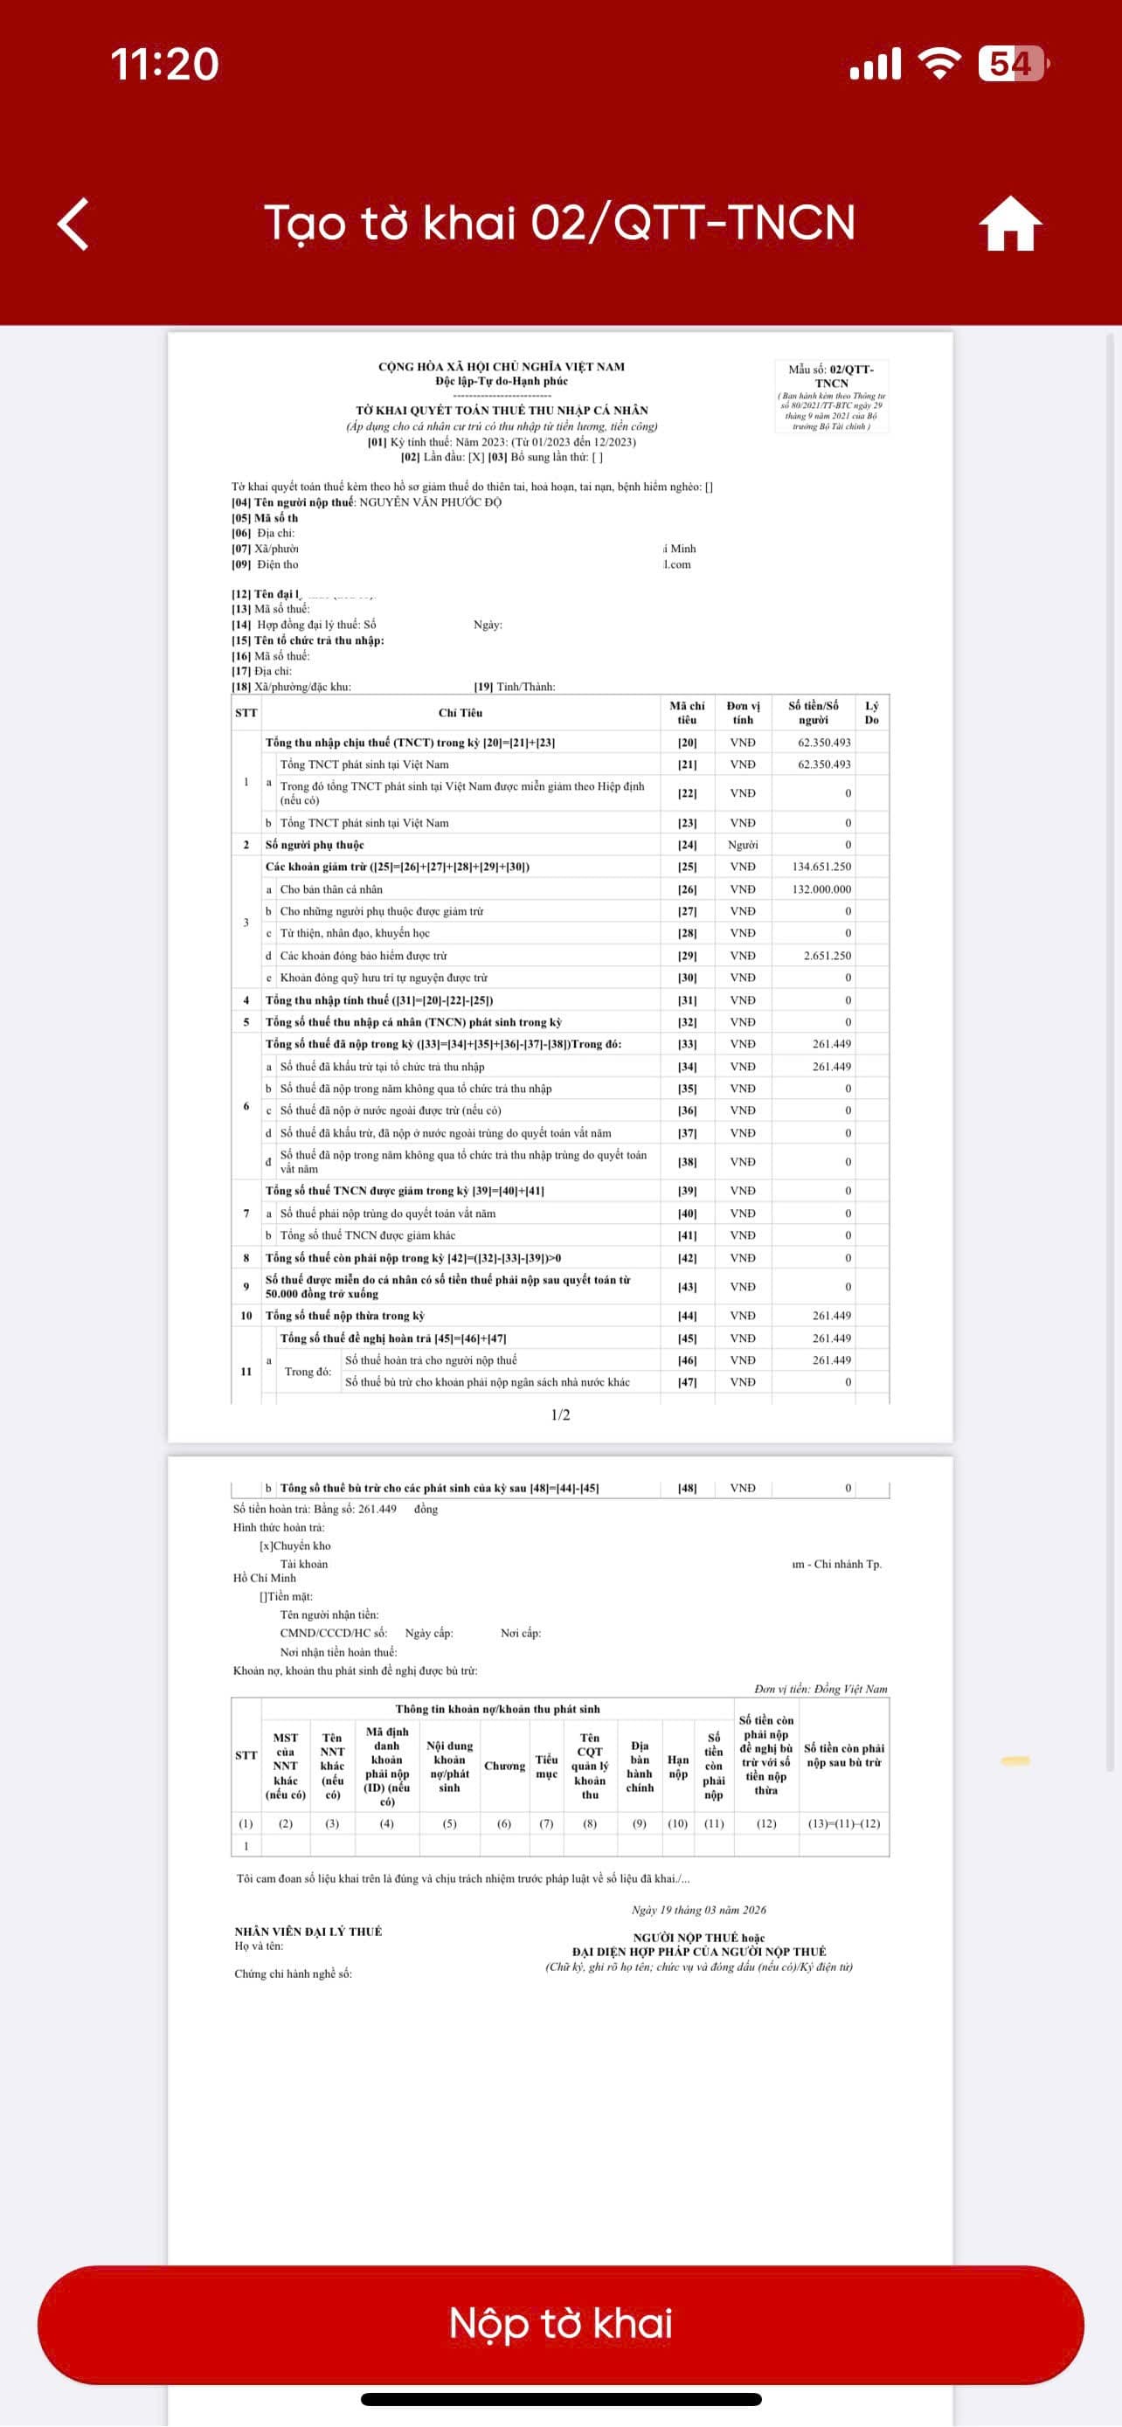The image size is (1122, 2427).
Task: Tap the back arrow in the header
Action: coord(73,225)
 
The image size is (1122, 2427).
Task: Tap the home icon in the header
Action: coord(1010,225)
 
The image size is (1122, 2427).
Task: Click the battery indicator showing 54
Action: coord(1013,64)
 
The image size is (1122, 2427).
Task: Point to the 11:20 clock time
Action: coord(165,64)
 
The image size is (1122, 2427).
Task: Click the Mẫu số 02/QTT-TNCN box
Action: coord(831,397)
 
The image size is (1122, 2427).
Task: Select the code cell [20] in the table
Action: coord(687,743)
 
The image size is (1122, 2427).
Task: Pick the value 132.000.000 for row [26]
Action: coord(821,889)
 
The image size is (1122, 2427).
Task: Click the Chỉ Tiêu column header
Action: coord(460,713)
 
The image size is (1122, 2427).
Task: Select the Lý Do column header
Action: coord(871,713)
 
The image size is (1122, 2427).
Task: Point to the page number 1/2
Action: coord(560,1414)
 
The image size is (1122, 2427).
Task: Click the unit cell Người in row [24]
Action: coord(743,845)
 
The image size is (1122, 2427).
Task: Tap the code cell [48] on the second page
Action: coord(687,1488)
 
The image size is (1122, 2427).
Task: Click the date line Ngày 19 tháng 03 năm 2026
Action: coord(698,1910)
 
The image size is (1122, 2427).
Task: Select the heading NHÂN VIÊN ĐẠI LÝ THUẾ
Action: coord(308,1932)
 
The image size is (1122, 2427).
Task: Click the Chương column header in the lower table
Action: coord(504,1766)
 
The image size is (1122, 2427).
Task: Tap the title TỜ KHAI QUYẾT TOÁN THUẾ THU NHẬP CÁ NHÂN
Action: coord(502,410)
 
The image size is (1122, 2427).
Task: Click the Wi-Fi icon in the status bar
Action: coord(938,64)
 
